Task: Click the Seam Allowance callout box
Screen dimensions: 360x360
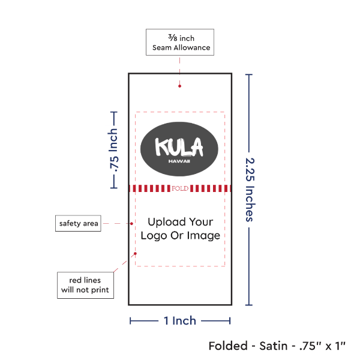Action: coord(179,42)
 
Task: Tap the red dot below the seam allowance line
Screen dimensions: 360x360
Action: coord(180,86)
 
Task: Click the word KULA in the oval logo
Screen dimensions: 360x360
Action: coord(179,147)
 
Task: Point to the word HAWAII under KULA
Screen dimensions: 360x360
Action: coord(179,161)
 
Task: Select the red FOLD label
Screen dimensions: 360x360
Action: coord(180,188)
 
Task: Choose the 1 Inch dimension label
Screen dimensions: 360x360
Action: coord(180,320)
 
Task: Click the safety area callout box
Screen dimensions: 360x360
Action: coord(78,224)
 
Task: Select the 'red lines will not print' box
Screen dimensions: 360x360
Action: coord(85,285)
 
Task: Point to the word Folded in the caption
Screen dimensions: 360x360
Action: coord(229,346)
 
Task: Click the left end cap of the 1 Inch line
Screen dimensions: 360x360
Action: coord(130,320)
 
